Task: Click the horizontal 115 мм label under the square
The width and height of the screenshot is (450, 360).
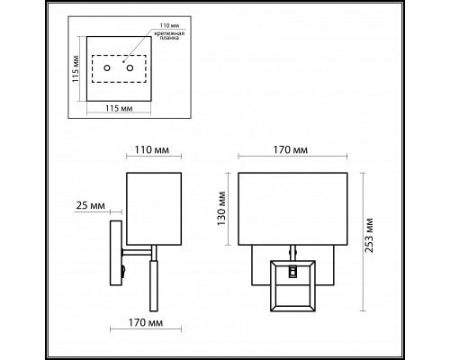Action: (x=119, y=108)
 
